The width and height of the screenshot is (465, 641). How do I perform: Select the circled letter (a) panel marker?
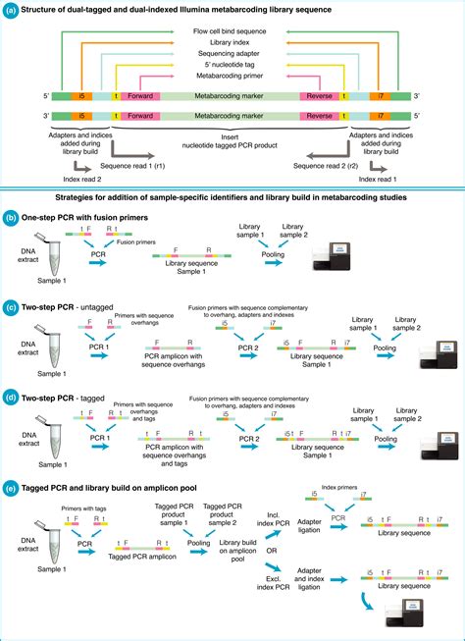pos(11,9)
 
